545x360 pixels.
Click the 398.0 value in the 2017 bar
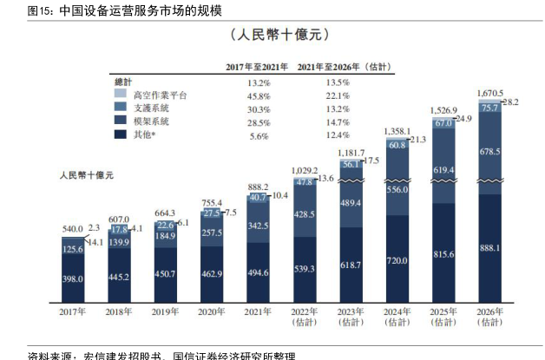73,278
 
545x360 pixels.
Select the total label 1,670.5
491,91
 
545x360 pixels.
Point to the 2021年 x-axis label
258,312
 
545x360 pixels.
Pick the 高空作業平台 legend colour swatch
119,95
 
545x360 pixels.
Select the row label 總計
123,81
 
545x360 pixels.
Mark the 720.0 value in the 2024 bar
397,259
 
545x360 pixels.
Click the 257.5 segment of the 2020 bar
213,232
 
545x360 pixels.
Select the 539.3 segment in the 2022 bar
304,269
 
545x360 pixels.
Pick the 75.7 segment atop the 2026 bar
489,108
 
